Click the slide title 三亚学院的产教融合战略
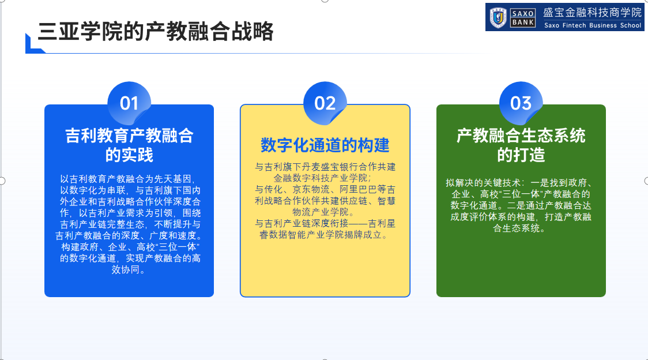point(156,32)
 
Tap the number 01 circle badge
point(129,103)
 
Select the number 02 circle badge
point(325,103)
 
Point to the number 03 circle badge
point(521,103)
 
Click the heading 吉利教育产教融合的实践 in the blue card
point(129,145)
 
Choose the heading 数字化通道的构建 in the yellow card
point(325,145)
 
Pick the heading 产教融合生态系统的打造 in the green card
point(521,145)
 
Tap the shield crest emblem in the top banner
point(498,18)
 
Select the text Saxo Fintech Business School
point(593,25)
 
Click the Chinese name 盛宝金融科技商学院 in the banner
point(593,13)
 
